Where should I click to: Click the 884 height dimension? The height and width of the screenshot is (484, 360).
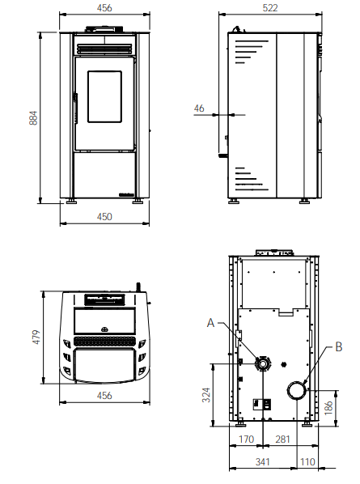tap(33, 117)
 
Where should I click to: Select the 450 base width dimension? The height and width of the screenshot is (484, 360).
tap(104, 217)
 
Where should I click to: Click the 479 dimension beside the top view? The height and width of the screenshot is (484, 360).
tap(33, 338)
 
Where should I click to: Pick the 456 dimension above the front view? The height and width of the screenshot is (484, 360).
tap(104, 7)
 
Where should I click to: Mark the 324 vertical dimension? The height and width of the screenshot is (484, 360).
tap(205, 394)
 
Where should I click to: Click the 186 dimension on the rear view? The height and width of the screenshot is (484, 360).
tap(328, 406)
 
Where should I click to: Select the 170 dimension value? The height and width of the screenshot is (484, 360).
tap(247, 439)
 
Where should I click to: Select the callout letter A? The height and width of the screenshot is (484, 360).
tap(211, 323)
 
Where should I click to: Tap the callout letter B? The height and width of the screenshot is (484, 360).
tap(338, 348)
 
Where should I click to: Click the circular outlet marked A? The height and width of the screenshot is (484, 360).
tap(263, 363)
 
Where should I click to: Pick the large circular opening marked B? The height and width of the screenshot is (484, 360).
tap(297, 390)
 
